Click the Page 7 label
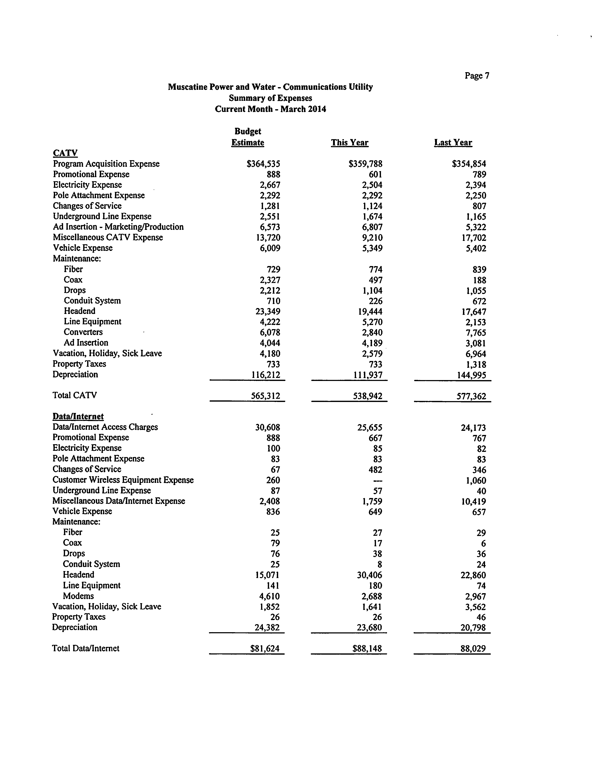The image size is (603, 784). [477, 76]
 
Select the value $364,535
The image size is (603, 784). [263, 164]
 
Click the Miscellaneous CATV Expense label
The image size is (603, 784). [108, 238]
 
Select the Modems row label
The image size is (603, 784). [78, 596]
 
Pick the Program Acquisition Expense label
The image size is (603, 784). [106, 164]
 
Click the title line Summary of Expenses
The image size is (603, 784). [270, 98]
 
